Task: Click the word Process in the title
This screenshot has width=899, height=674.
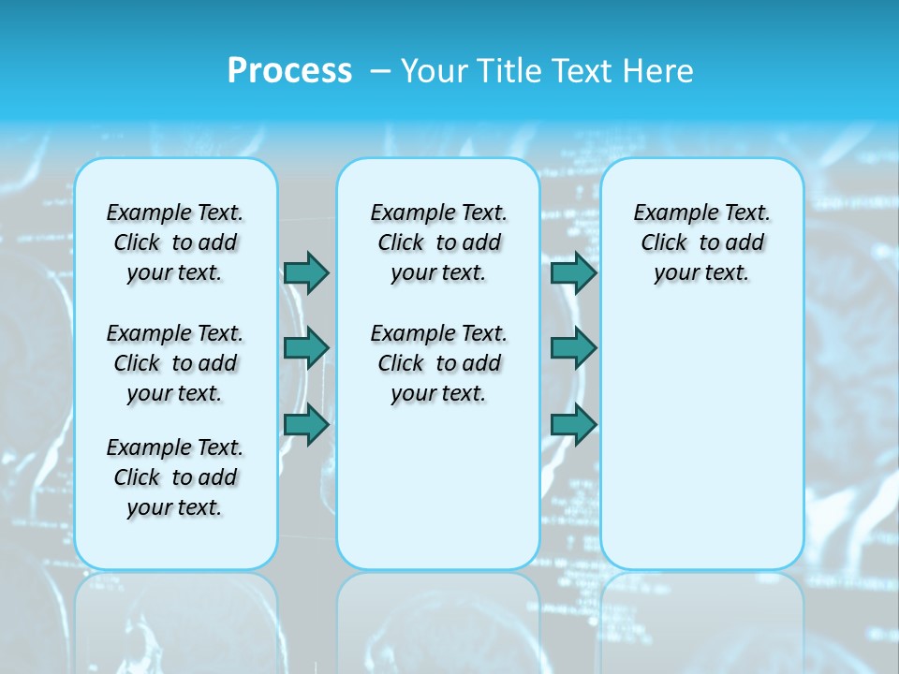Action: [289, 71]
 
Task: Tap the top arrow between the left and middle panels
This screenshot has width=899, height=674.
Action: [305, 272]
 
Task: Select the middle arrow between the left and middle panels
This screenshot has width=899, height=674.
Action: [305, 348]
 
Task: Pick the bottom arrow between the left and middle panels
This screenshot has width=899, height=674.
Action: [305, 424]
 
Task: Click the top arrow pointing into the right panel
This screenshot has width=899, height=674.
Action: [573, 272]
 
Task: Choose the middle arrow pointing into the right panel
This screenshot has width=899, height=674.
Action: [573, 348]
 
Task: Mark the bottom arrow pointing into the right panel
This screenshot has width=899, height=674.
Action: [573, 424]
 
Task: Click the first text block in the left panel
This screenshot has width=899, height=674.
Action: [175, 242]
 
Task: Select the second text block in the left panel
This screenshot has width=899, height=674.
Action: [175, 363]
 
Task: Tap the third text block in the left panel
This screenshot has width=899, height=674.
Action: [175, 477]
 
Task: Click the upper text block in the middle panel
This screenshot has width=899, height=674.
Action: [438, 242]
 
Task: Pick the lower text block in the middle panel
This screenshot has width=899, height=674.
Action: [438, 363]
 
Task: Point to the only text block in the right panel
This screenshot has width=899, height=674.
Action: [701, 242]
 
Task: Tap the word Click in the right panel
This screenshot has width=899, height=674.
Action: [664, 243]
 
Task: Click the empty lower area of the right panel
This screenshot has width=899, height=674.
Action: [701, 440]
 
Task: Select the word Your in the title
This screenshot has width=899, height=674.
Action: [435, 71]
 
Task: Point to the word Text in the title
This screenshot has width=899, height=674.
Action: [583, 71]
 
